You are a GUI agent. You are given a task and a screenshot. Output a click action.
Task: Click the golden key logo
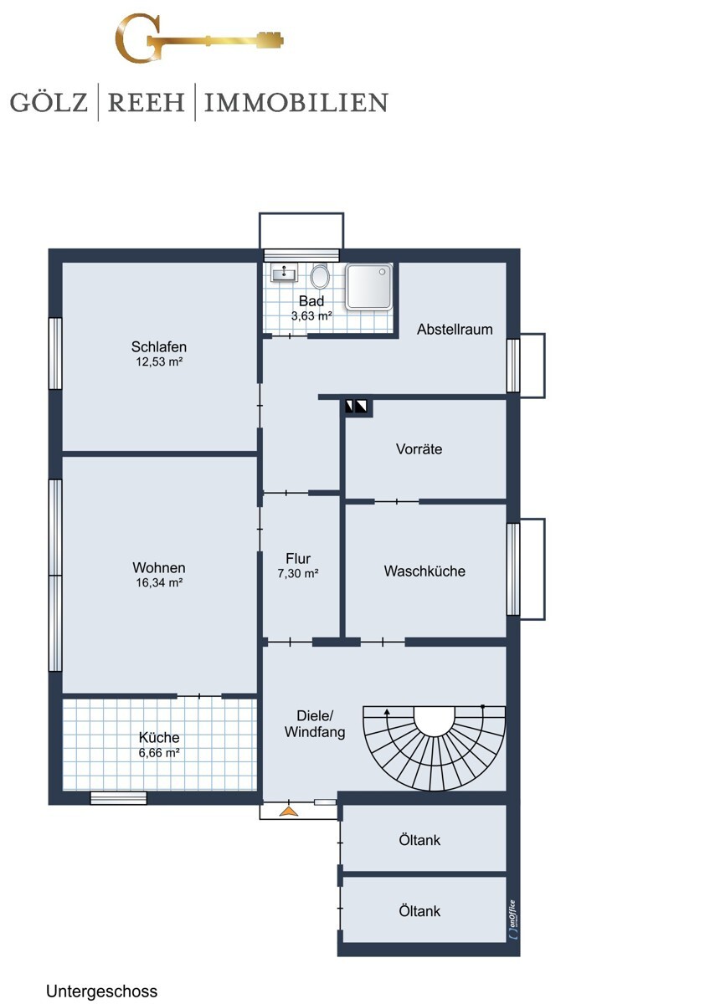199,38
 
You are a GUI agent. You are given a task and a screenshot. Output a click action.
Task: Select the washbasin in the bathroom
285,273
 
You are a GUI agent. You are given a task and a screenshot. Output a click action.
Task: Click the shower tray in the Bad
368,286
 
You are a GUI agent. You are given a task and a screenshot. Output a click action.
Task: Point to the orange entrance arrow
289,811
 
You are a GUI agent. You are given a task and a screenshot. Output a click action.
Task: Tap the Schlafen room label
159,346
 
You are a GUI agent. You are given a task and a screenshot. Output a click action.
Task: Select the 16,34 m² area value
159,582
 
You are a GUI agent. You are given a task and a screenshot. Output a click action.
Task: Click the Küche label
159,737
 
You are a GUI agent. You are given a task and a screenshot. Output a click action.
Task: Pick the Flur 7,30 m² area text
298,573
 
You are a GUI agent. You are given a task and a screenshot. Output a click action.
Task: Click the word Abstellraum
455,330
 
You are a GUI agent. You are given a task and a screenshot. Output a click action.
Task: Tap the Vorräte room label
419,449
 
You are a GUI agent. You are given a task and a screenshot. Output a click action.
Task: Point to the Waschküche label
424,571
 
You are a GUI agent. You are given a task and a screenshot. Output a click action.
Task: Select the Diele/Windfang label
315,724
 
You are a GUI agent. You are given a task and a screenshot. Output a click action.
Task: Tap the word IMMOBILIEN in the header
296,102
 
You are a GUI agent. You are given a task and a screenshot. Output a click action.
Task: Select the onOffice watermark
512,919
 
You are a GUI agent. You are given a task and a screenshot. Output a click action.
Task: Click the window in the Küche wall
118,798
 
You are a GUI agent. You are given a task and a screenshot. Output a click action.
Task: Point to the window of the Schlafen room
55,353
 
